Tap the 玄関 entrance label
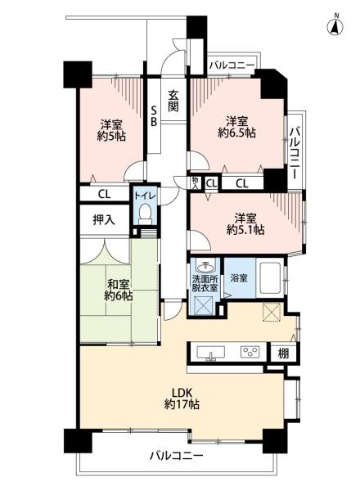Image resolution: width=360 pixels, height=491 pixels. (x=173, y=101)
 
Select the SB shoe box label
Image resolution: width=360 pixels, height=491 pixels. (x=154, y=115)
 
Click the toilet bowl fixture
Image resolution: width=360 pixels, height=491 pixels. (x=145, y=213)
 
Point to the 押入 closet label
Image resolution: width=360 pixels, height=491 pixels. (x=104, y=220)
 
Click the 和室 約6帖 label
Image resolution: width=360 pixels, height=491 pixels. (x=119, y=291)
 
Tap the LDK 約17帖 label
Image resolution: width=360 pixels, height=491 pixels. (x=182, y=399)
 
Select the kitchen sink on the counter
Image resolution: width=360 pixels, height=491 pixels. (x=210, y=353)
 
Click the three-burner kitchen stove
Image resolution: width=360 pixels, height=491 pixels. (x=250, y=352)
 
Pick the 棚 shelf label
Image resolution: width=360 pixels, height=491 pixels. (x=283, y=354)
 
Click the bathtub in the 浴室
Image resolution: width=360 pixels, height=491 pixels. (x=269, y=278)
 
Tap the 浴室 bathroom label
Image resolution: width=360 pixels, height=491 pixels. (x=239, y=277)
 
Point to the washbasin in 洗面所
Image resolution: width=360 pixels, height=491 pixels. (x=205, y=267)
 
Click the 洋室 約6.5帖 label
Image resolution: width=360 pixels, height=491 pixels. (x=237, y=127)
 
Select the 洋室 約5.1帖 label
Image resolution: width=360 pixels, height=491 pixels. (x=245, y=223)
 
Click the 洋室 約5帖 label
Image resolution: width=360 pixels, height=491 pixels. (x=111, y=130)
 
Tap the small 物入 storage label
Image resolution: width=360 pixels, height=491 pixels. (x=196, y=182)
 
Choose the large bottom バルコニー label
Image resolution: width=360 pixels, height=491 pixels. (x=176, y=455)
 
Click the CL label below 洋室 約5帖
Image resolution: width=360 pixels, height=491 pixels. (x=104, y=195)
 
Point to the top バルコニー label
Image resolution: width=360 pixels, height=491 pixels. (x=232, y=65)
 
